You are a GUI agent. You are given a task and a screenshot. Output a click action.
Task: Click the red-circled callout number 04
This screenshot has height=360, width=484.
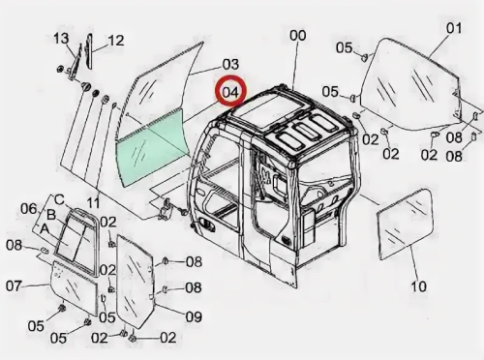point(230,92)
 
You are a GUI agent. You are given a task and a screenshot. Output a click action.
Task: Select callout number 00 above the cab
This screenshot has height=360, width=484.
point(298,35)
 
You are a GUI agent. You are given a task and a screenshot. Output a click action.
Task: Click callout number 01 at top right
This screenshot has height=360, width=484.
point(454,28)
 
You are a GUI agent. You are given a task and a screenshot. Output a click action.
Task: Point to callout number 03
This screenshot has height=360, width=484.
point(230,64)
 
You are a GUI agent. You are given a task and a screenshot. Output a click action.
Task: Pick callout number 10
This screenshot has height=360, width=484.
point(418,285)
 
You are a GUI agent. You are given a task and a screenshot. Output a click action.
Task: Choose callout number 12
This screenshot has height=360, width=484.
point(116,41)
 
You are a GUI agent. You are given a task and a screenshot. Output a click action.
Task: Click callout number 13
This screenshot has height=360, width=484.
point(61,39)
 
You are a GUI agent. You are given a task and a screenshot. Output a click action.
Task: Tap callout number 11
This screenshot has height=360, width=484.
point(93,203)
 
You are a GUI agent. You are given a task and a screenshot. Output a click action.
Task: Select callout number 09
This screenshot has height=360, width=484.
point(194,316)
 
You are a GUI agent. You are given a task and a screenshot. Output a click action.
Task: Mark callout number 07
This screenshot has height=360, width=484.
point(15,285)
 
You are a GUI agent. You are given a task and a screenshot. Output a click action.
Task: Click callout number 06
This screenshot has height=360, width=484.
point(29,209)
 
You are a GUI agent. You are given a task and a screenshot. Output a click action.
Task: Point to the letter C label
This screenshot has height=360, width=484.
point(60,200)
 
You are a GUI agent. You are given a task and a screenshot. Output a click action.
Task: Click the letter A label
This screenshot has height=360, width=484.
point(45,229)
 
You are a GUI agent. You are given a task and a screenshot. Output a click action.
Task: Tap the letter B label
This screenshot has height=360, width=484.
point(51,215)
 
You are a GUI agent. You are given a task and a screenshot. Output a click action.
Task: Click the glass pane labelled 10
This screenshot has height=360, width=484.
point(405,225)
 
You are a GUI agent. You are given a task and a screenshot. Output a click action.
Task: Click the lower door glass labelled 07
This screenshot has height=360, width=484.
point(74,287)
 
